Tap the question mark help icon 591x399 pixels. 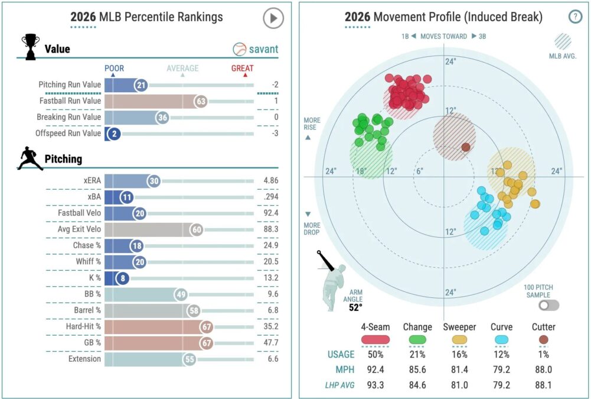tap(575, 17)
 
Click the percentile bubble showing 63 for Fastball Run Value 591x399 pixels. tap(201, 101)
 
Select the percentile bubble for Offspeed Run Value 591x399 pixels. tap(113, 134)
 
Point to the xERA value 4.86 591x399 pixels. tap(271, 181)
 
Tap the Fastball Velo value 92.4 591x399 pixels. tap(271, 213)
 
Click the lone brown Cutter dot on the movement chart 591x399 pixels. tap(465, 147)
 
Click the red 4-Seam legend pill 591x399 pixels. tap(375, 339)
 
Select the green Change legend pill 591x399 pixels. tap(417, 339)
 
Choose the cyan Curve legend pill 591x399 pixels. tap(501, 339)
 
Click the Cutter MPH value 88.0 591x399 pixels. tap(543, 371)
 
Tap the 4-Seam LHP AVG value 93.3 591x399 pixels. tap(375, 387)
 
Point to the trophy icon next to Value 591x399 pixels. tap(30, 46)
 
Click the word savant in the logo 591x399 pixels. tap(263, 49)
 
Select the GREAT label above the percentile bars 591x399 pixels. tap(242, 68)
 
